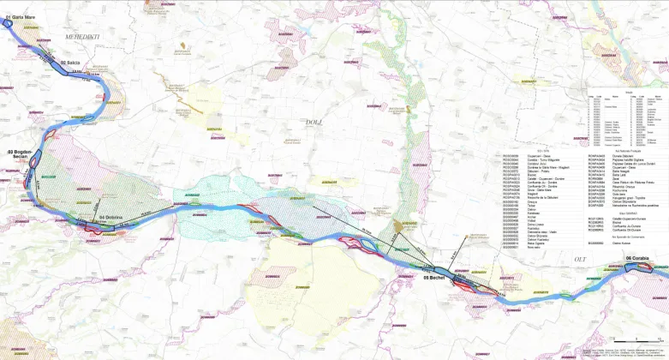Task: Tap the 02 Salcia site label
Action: click(x=69, y=63)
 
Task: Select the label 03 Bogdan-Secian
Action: click(x=20, y=154)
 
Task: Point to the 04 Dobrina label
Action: click(x=113, y=218)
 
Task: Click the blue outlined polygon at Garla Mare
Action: click(x=8, y=22)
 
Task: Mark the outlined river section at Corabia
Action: click(x=638, y=267)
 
